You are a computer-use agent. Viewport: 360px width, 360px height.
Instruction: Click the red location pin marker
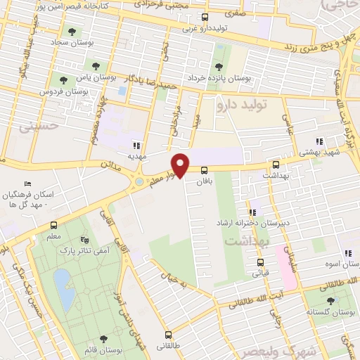[x=181, y=164]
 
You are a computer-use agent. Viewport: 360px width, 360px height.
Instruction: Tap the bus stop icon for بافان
[x=205, y=170]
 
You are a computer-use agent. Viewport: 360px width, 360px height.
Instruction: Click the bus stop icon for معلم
[x=54, y=225]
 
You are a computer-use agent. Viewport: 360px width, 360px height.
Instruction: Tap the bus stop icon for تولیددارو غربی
[x=205, y=17]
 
